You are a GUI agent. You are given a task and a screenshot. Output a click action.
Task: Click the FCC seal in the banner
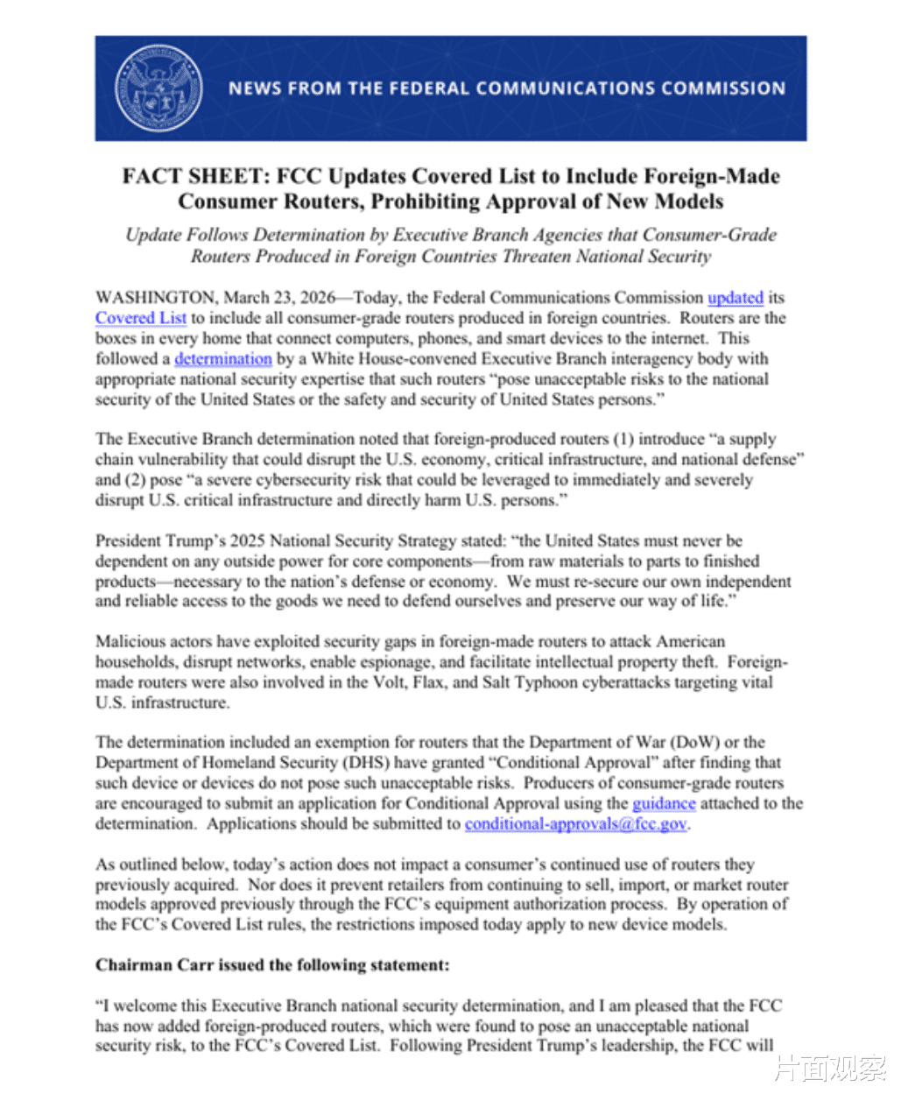[158, 88]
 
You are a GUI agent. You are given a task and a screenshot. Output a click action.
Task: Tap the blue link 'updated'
[736, 298]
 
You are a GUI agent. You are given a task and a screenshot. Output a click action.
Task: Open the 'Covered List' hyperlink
[141, 318]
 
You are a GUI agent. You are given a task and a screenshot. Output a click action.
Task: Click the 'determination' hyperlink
[223, 359]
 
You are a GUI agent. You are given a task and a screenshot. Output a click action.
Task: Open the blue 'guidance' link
[664, 803]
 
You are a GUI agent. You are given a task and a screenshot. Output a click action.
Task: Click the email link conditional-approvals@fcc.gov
[576, 824]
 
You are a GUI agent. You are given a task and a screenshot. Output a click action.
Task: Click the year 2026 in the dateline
[318, 298]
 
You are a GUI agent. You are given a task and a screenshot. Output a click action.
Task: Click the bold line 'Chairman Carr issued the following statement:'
[272, 965]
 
